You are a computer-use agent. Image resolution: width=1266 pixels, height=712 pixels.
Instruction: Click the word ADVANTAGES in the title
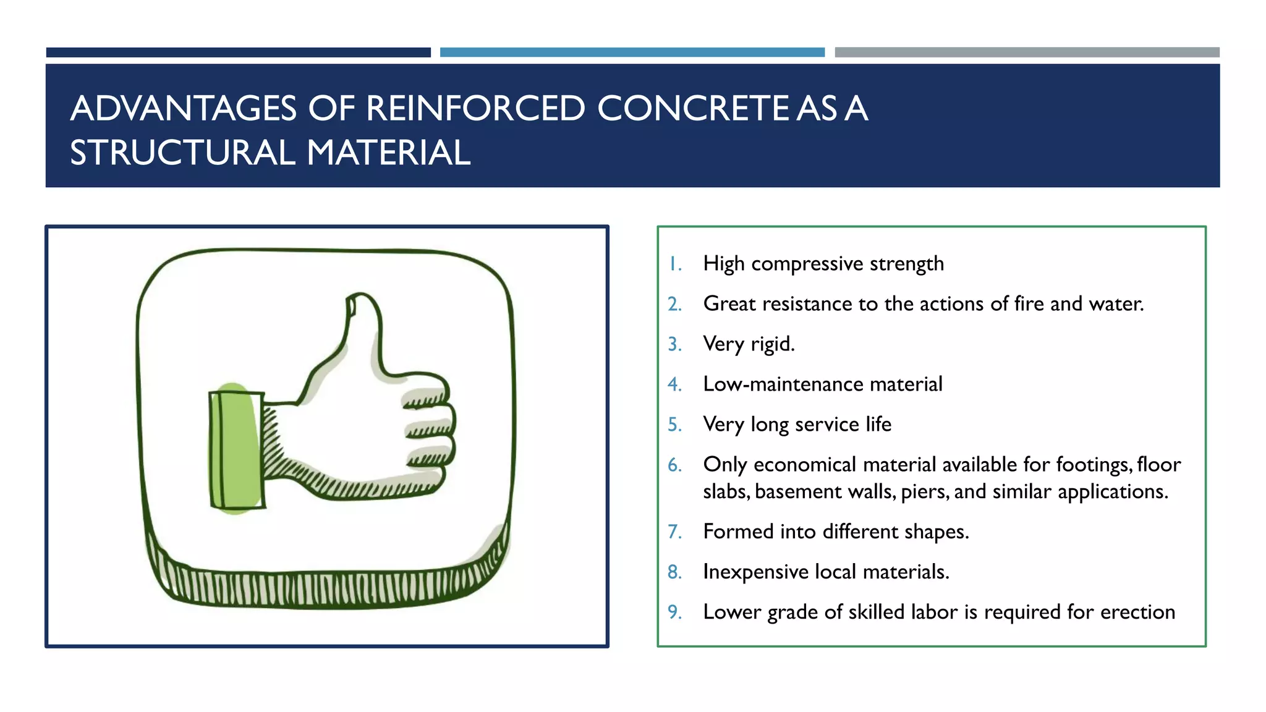click(184, 109)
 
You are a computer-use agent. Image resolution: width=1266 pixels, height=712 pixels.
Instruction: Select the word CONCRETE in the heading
click(692, 109)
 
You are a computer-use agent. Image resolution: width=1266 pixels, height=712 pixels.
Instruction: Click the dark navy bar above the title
click(238, 53)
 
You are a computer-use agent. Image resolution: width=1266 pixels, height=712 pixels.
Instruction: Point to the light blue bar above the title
click(632, 53)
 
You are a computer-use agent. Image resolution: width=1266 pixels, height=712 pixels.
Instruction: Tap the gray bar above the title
click(1027, 53)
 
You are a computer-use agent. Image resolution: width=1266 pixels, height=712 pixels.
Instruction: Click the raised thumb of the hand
click(363, 328)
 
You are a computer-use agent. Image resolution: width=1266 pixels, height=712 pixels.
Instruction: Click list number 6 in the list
click(674, 465)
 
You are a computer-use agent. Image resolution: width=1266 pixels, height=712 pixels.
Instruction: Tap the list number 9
click(674, 612)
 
